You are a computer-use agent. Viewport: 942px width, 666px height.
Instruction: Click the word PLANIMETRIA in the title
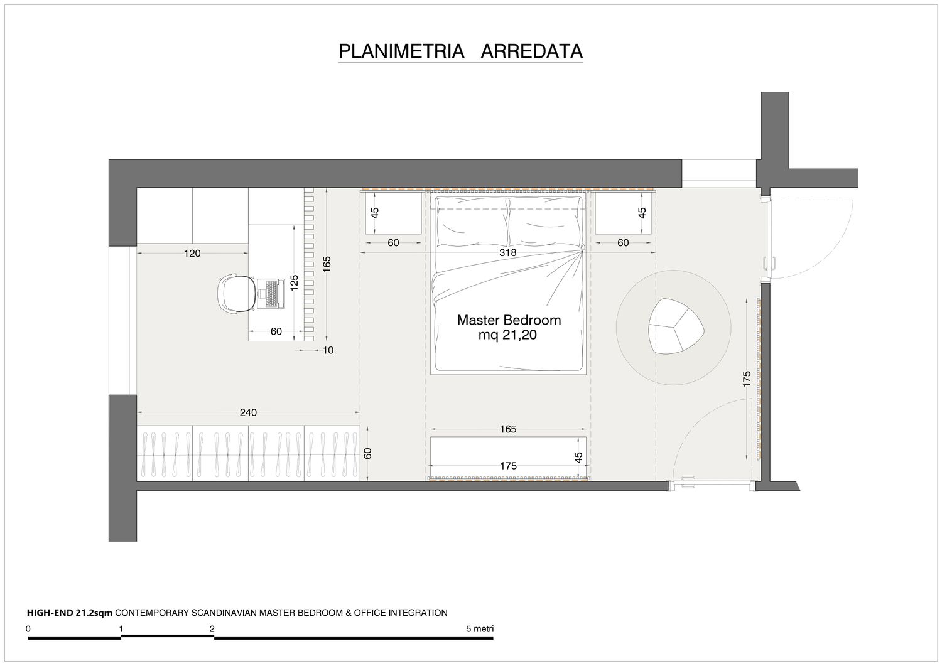401,51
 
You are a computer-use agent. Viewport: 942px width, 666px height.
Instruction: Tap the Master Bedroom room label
509,320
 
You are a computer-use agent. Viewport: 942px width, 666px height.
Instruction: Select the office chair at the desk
235,293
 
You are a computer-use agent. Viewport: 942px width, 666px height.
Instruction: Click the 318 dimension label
507,253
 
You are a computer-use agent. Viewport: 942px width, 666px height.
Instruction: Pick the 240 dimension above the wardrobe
248,412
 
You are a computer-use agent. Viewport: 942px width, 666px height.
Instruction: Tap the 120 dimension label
192,253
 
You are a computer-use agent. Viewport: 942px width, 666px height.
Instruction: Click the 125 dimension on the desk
295,282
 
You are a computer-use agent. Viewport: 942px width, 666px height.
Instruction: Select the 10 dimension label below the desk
328,350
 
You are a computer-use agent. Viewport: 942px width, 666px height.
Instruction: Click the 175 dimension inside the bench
508,466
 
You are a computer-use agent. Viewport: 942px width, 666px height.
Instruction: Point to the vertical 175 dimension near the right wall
747,379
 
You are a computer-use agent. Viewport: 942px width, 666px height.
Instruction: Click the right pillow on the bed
545,222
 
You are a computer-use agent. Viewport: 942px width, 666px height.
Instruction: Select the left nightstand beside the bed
393,213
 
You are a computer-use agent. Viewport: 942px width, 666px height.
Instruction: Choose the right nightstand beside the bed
623,213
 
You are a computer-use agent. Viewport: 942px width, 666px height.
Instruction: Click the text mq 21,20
507,335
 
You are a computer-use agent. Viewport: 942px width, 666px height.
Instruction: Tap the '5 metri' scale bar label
480,628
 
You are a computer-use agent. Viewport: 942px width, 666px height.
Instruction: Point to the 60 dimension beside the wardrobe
367,453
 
